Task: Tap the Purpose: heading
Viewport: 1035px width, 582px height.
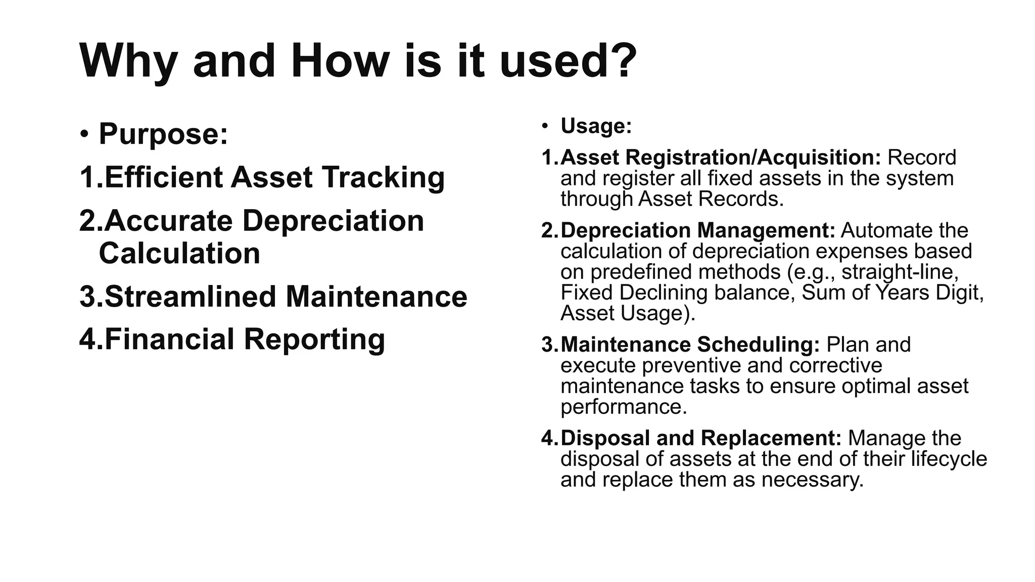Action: pyautogui.click(x=163, y=134)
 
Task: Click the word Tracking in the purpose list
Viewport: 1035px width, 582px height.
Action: pyautogui.click(x=384, y=177)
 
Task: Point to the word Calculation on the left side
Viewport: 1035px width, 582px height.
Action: pyautogui.click(x=179, y=253)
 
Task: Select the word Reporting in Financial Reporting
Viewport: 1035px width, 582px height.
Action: pyautogui.click(x=314, y=339)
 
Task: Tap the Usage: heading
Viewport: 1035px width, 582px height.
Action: pyautogui.click(x=596, y=126)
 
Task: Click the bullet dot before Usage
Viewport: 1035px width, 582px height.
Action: pyautogui.click(x=545, y=126)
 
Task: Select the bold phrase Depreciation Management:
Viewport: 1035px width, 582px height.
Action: pyautogui.click(x=698, y=230)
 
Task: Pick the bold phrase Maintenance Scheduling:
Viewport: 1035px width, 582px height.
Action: pyautogui.click(x=690, y=345)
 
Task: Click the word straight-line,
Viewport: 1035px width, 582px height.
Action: pyautogui.click(x=900, y=272)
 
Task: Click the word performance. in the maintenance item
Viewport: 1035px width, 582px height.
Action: pyautogui.click(x=624, y=407)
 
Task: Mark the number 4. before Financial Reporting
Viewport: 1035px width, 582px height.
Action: pyautogui.click(x=91, y=339)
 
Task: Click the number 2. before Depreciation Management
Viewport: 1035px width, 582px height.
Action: pyautogui.click(x=550, y=230)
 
